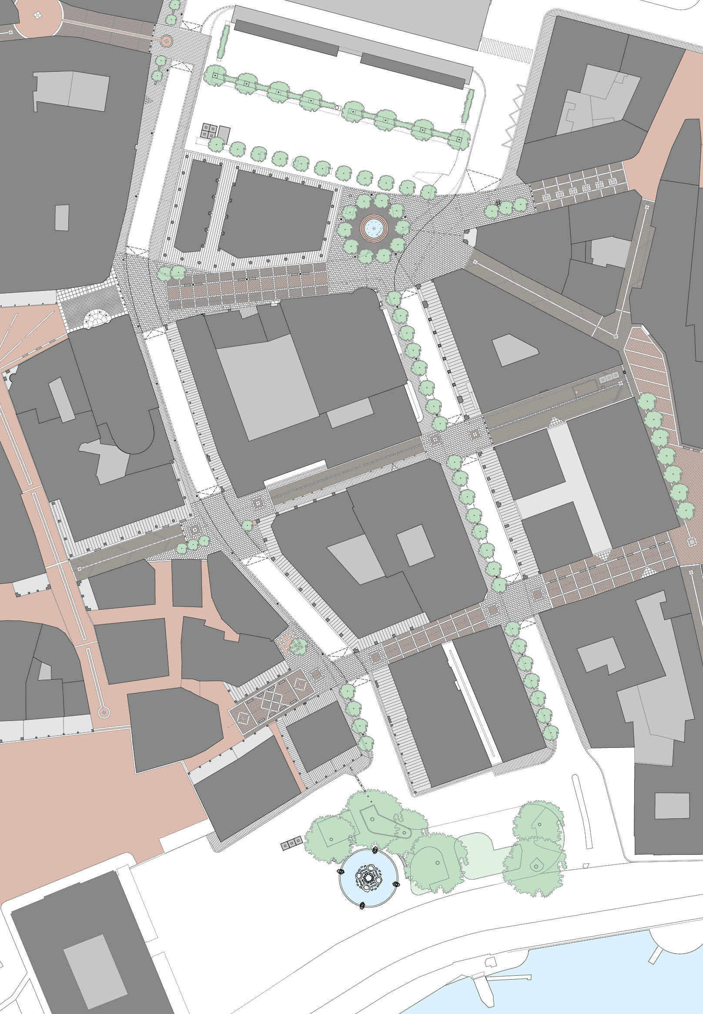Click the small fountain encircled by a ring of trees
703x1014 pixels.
[374, 228]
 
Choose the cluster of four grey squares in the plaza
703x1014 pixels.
[209, 130]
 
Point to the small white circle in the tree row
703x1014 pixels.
[337, 107]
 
